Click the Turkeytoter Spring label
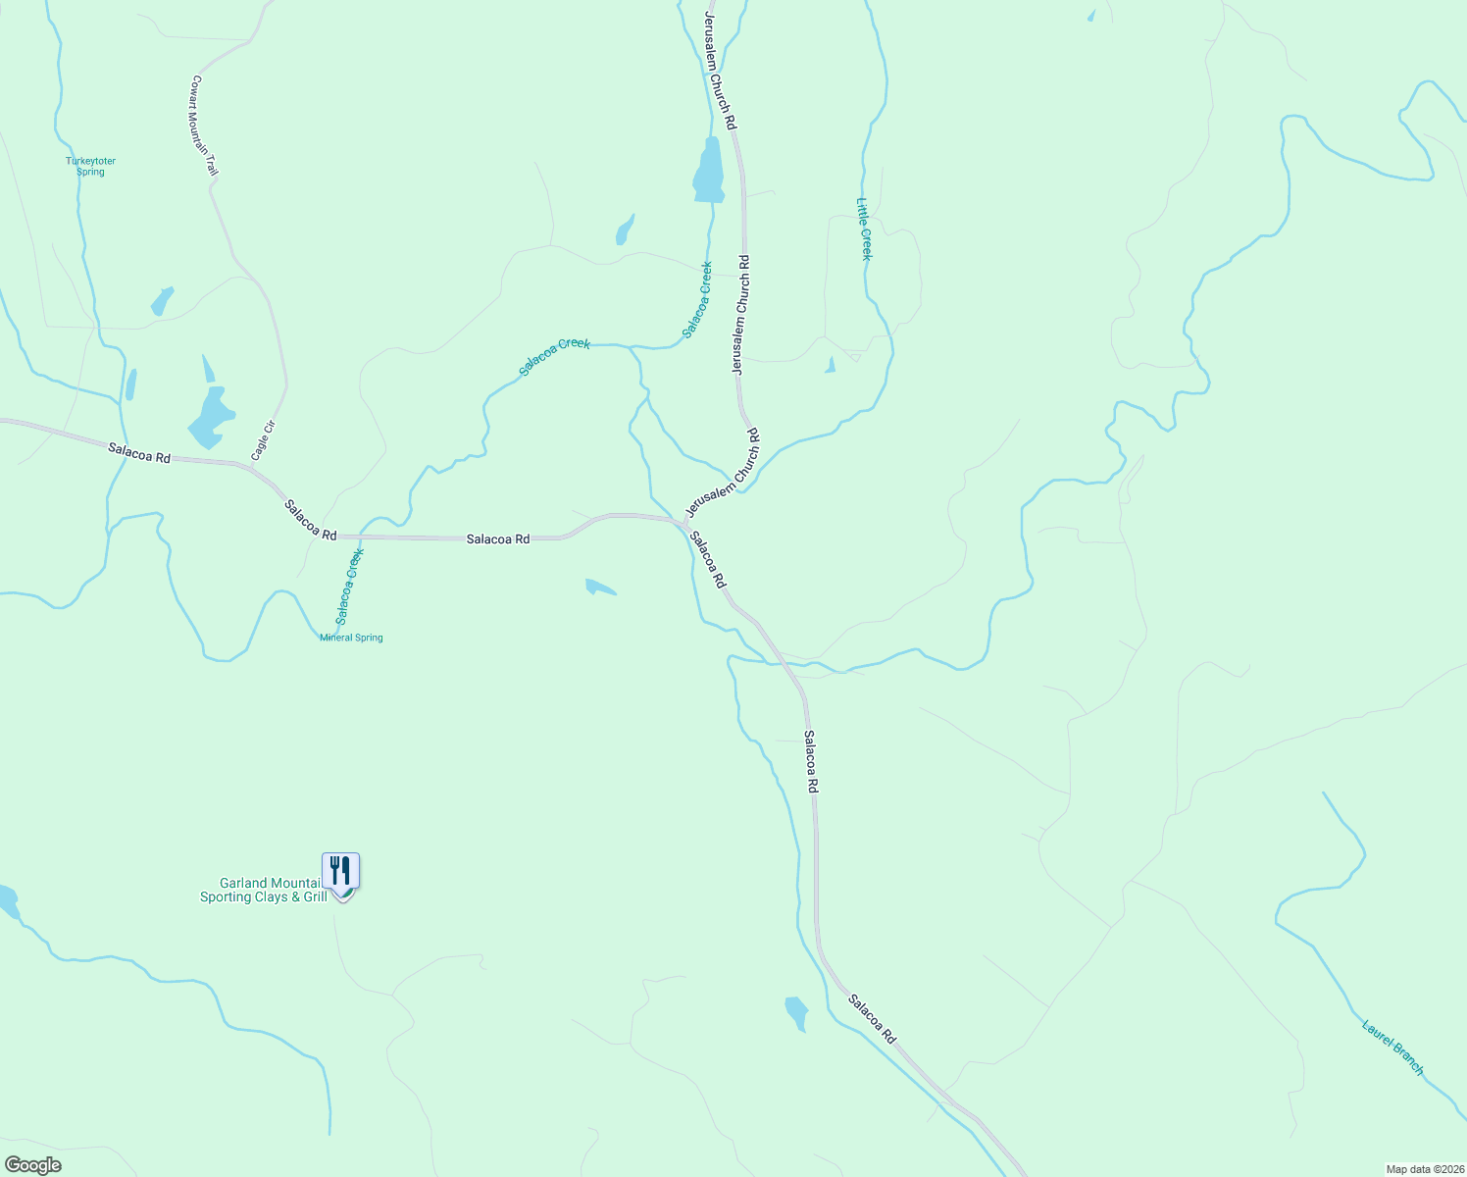(x=90, y=166)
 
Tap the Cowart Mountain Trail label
(x=205, y=126)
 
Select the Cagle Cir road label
(x=263, y=440)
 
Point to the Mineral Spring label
(x=351, y=638)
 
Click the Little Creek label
(x=864, y=229)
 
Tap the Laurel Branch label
(x=1392, y=1048)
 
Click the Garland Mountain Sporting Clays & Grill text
(x=263, y=890)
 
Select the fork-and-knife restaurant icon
(x=340, y=870)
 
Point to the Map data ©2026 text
(x=1423, y=1169)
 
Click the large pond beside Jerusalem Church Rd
(x=709, y=172)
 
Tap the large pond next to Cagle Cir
(x=210, y=415)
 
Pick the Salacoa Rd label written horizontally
(x=498, y=538)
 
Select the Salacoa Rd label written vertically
(x=811, y=761)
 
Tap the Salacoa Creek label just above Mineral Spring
(x=349, y=586)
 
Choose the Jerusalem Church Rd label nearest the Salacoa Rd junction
(x=723, y=473)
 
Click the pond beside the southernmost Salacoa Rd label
(x=796, y=1012)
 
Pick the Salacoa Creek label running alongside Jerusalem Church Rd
(x=697, y=299)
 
